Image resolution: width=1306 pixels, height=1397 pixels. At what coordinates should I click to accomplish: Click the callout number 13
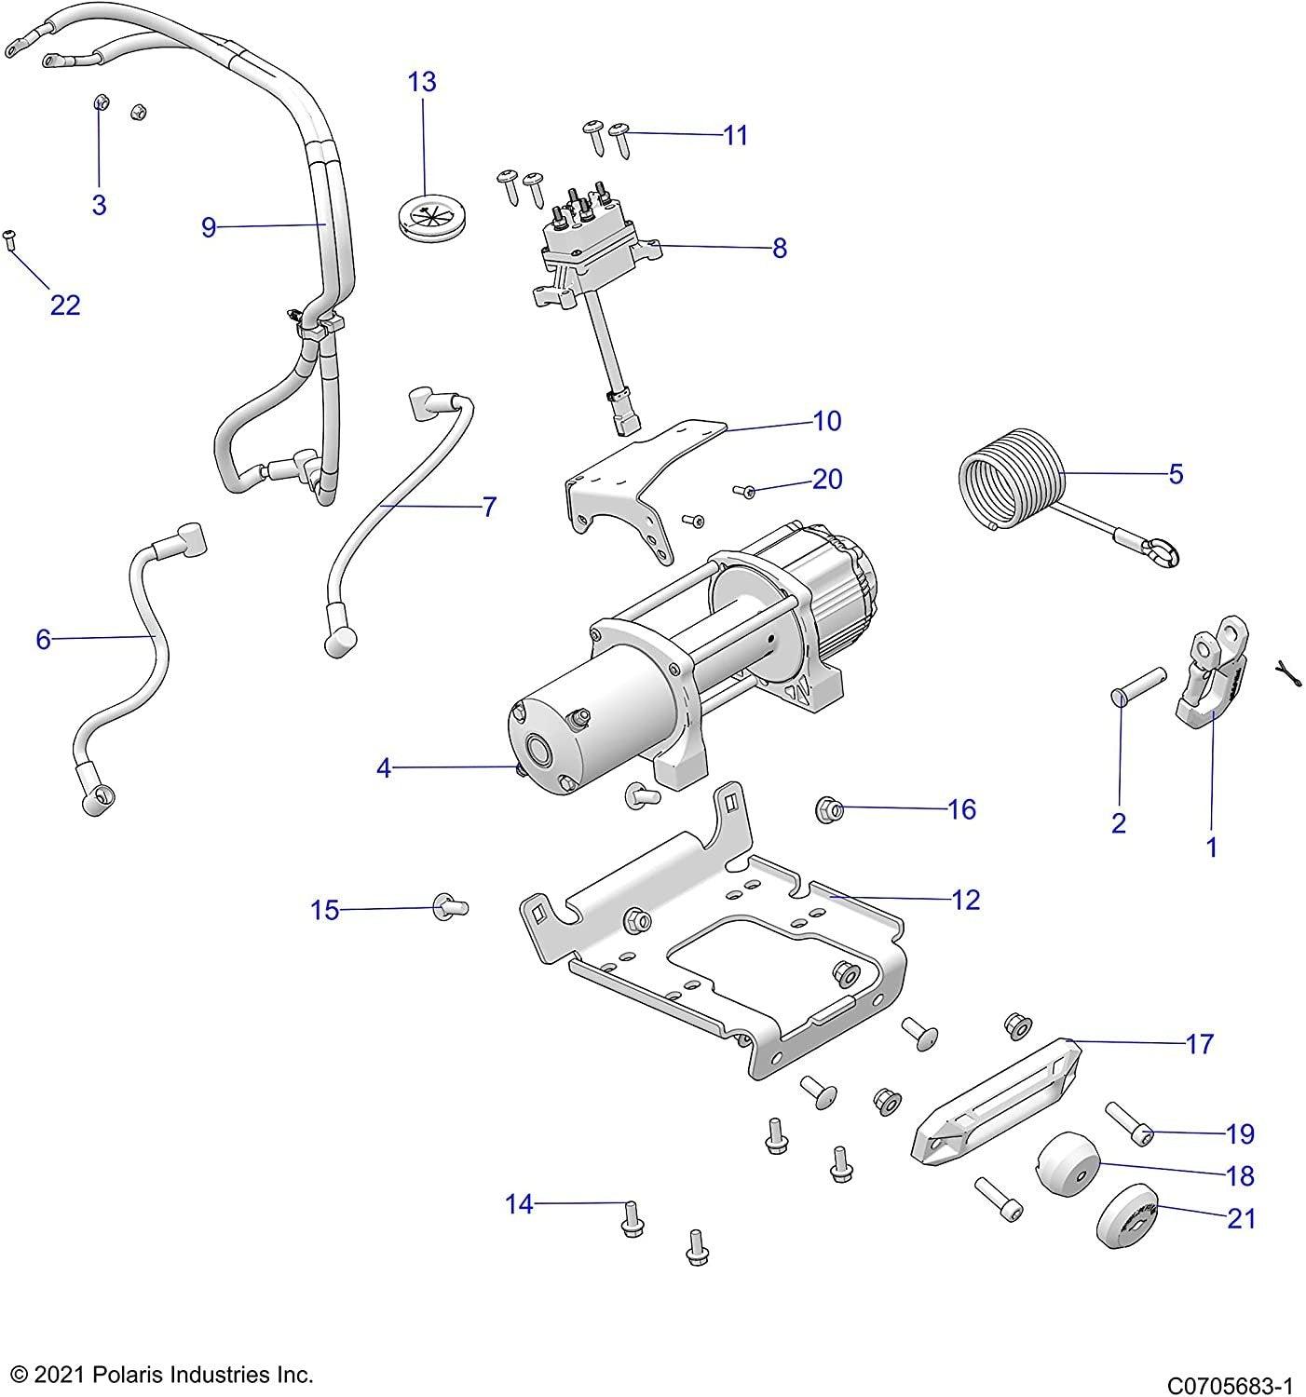point(421,82)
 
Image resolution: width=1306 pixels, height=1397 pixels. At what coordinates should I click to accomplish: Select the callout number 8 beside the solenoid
point(780,248)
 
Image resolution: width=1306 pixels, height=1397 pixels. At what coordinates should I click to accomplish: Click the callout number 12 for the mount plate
point(966,900)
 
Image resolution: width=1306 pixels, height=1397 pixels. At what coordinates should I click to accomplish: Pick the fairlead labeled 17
point(997,1099)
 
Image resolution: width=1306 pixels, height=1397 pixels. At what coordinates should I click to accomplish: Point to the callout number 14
point(519,1204)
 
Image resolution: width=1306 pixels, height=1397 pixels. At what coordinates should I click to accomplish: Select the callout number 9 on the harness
point(209,226)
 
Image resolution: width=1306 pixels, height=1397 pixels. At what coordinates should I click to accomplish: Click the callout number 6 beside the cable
point(43,639)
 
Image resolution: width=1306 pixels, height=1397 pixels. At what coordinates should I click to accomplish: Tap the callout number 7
point(489,508)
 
